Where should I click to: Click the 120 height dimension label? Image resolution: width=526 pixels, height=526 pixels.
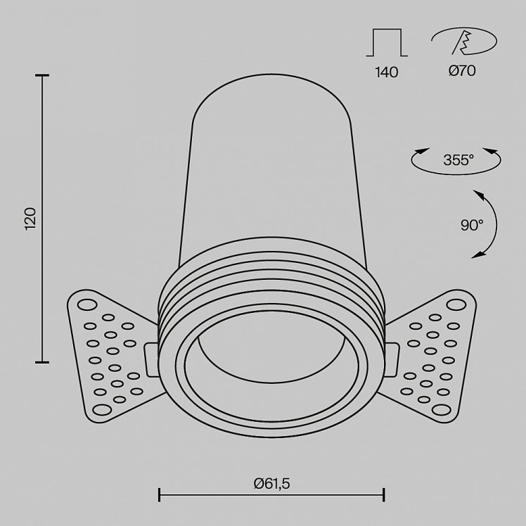pos(30,219)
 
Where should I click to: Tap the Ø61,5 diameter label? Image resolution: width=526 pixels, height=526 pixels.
pos(271,484)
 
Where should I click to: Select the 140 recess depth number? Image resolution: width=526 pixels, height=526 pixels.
pos(387,72)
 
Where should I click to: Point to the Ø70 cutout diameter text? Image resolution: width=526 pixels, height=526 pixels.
pos(462,71)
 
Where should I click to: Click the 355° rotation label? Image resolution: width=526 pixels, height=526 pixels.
pos(458,160)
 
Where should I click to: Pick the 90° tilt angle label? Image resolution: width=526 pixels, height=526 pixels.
pos(472,225)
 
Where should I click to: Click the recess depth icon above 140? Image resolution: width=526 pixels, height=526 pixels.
pos(387,42)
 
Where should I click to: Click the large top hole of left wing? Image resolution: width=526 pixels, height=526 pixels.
pos(87,305)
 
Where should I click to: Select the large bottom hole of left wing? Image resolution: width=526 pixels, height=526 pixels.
pos(102,409)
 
